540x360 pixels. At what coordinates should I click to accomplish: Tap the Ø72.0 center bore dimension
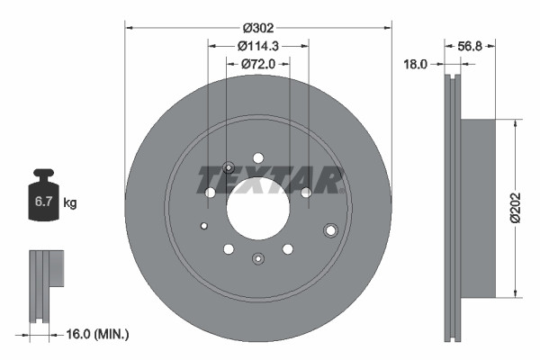[x=257, y=63]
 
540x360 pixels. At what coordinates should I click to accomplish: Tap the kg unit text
[x=70, y=203]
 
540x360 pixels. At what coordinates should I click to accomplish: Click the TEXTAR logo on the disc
[x=270, y=180]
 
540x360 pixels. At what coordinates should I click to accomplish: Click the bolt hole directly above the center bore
[x=257, y=156]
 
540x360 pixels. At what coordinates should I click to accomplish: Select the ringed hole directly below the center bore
[x=257, y=259]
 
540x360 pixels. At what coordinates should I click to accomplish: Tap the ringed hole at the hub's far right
[x=330, y=230]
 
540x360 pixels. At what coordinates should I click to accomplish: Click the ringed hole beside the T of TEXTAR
[x=228, y=166]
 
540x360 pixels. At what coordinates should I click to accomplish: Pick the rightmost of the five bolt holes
[x=306, y=192]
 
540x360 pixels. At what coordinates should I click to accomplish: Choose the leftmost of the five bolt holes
[x=210, y=192]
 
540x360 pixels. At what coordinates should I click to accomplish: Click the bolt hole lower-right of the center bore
[x=287, y=248]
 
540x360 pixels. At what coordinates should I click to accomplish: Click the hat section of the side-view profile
[x=477, y=207]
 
